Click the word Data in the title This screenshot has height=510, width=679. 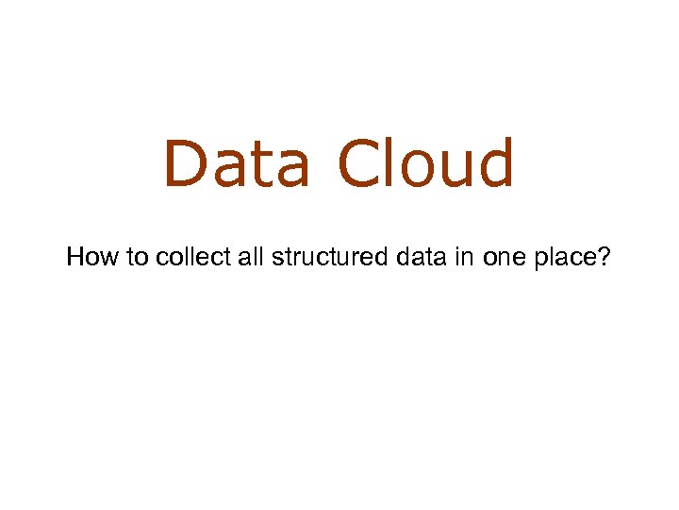click(237, 163)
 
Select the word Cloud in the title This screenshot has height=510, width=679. click(427, 163)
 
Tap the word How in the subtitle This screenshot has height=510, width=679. click(90, 257)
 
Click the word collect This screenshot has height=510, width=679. click(177, 257)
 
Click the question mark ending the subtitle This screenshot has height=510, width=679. click(604, 257)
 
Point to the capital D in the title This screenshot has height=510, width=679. click(186, 163)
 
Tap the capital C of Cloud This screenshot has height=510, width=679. click(359, 163)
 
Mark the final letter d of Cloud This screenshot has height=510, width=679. click(495, 163)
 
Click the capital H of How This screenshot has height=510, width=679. click(75, 257)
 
